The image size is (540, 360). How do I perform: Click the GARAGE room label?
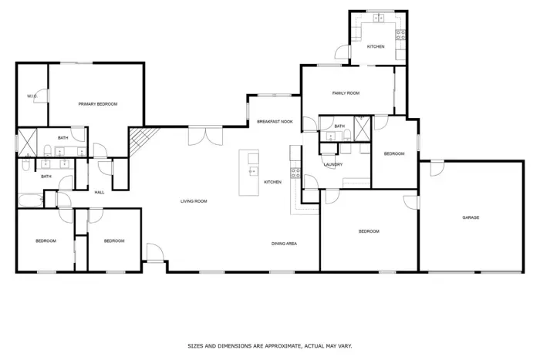(x=471, y=217)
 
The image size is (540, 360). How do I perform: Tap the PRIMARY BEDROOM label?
(x=98, y=104)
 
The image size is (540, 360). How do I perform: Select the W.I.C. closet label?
(x=32, y=96)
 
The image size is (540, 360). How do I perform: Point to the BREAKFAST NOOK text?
(x=275, y=122)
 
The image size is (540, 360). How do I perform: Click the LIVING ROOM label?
(x=194, y=201)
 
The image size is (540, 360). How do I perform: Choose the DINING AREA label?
(x=284, y=244)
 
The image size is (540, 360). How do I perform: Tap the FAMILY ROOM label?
(x=346, y=93)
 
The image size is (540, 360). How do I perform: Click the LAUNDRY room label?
(x=333, y=164)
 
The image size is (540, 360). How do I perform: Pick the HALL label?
(x=100, y=193)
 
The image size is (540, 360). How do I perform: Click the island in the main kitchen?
(x=249, y=173)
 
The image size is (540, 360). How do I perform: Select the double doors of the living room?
(x=206, y=136)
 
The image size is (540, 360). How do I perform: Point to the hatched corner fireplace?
(x=142, y=140)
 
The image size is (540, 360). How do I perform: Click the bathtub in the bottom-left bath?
(x=31, y=200)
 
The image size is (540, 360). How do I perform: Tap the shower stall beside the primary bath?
(x=27, y=143)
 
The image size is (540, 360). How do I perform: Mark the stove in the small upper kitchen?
(x=400, y=35)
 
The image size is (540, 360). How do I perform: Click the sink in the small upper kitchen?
(x=379, y=18)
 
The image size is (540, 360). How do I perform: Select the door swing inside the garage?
(x=437, y=169)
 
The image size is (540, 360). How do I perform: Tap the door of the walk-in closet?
(x=42, y=96)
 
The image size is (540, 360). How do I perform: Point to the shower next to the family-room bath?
(x=363, y=129)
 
